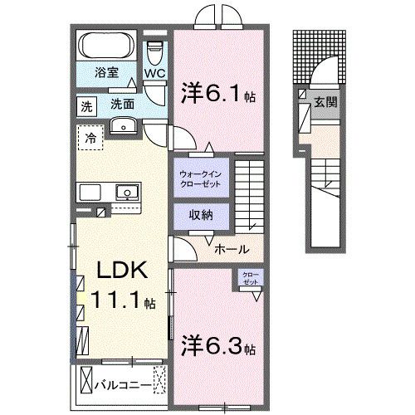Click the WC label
point(155,74)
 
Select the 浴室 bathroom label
point(105,72)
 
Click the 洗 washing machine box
point(86,105)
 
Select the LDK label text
point(124,270)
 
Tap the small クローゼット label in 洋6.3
point(250,280)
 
